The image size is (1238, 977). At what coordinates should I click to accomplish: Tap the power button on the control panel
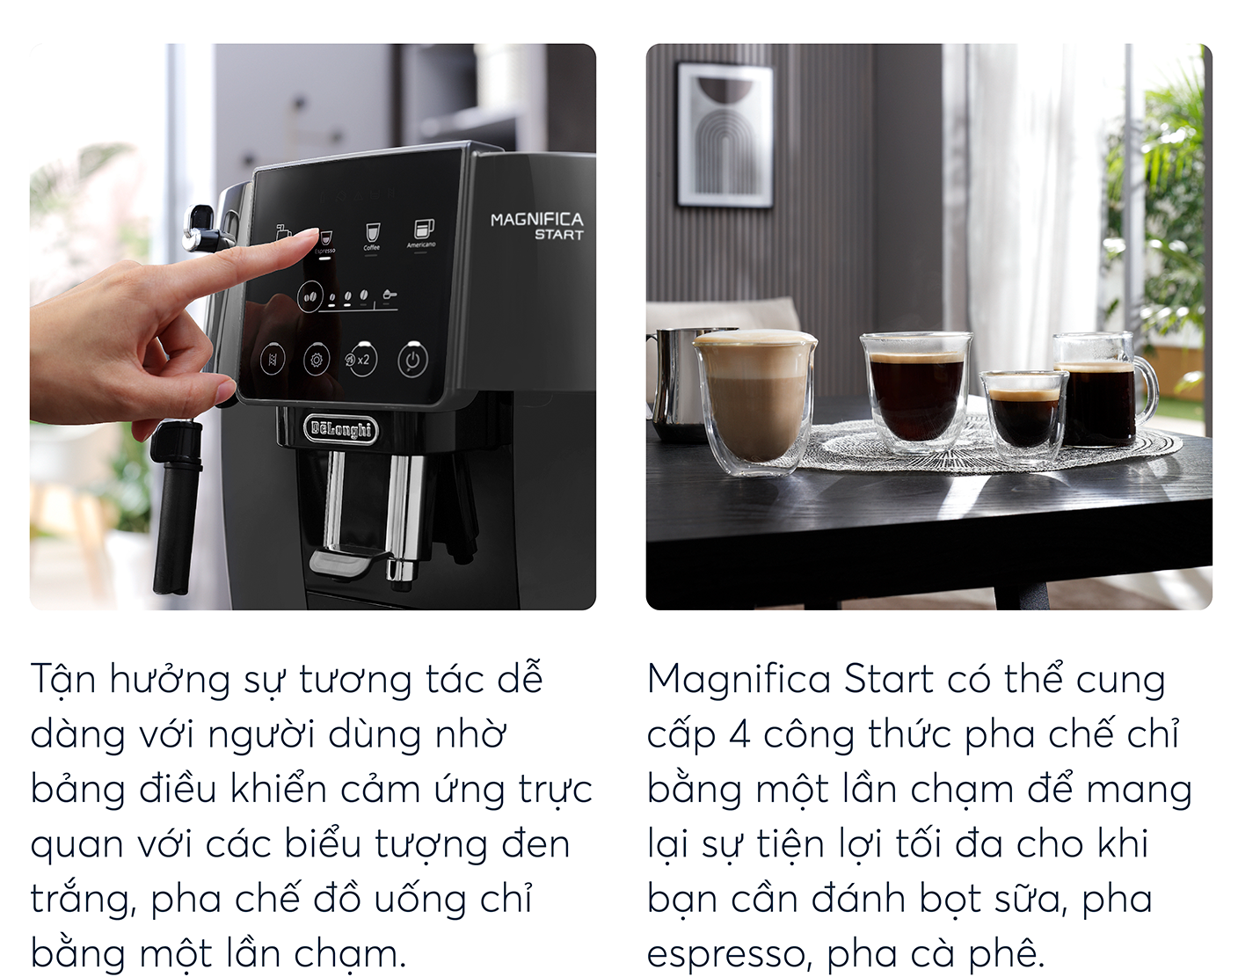pyautogui.click(x=412, y=360)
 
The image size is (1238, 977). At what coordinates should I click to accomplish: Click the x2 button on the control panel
pyautogui.click(x=360, y=360)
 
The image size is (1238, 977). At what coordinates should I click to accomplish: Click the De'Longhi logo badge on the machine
pyautogui.click(x=340, y=428)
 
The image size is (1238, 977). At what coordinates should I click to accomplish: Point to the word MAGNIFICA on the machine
pyautogui.click(x=536, y=219)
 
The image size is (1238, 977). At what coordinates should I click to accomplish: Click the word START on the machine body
pyautogui.click(x=558, y=235)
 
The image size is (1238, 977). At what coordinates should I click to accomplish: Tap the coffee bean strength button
pyautogui.click(x=309, y=297)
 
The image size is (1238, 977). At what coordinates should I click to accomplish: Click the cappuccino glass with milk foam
pyautogui.click(x=754, y=403)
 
